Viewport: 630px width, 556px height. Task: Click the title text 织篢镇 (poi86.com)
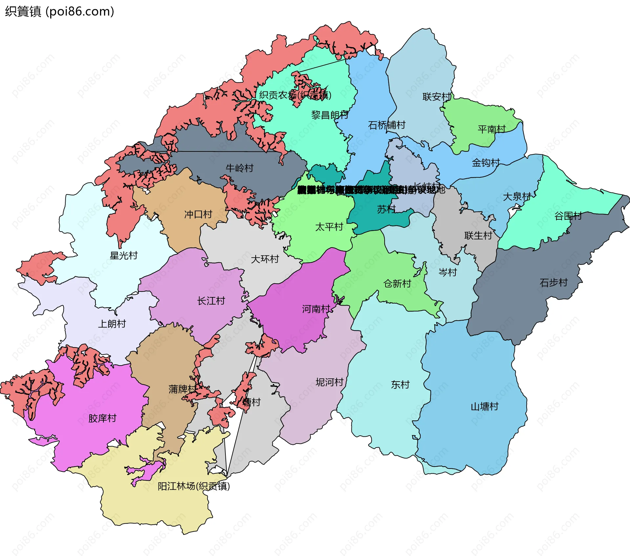[59, 11]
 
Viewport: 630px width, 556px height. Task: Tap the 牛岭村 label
[240, 168]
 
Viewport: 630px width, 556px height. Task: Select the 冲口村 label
[198, 214]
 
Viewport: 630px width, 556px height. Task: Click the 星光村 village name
[124, 256]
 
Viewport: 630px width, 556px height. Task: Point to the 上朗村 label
[112, 324]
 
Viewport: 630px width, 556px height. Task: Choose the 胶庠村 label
[102, 418]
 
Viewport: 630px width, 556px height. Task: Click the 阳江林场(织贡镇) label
[194, 486]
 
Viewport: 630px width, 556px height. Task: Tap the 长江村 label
[211, 301]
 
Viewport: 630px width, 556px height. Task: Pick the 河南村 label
[316, 309]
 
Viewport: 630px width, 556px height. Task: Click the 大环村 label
[265, 259]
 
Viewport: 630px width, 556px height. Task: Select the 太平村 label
[329, 227]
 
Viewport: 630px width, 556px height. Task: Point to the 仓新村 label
[397, 284]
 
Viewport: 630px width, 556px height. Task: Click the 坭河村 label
[329, 382]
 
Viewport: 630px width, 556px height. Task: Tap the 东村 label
[400, 385]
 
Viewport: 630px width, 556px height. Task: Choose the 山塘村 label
[485, 407]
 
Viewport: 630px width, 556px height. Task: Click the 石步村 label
[554, 283]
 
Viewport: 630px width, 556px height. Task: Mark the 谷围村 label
[568, 216]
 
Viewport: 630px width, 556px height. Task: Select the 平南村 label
[492, 129]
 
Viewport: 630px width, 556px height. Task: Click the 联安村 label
[437, 97]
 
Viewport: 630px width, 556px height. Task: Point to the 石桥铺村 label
[387, 125]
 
